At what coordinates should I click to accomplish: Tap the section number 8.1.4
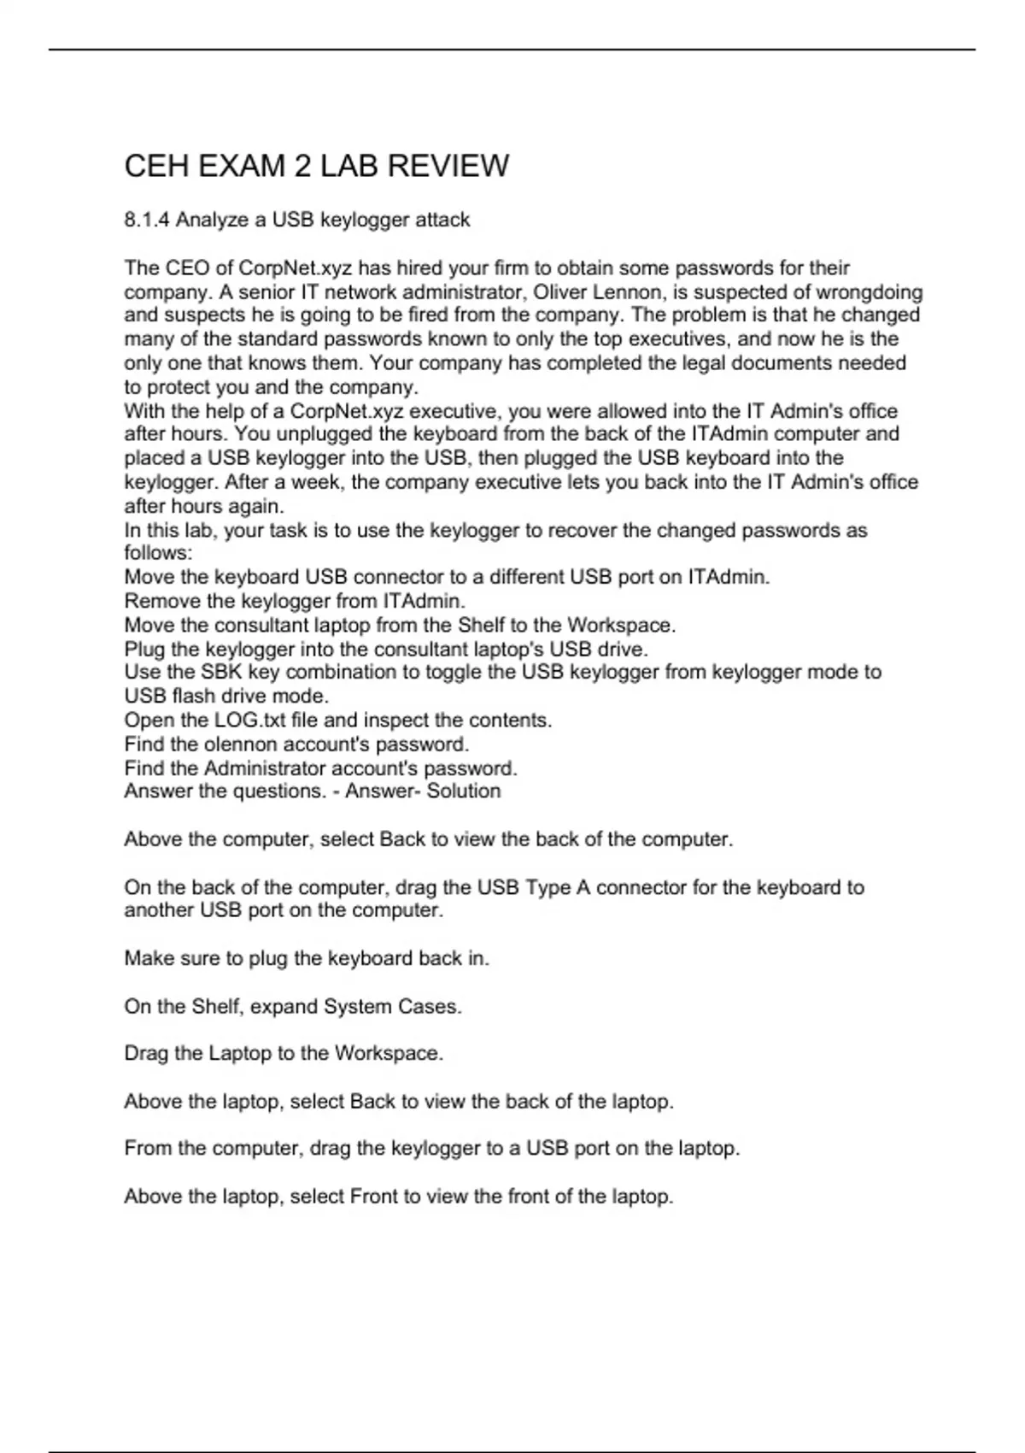click(x=147, y=221)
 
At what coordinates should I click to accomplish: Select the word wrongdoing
click(x=870, y=292)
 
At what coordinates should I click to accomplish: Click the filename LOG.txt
click(x=250, y=720)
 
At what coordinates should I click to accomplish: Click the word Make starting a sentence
click(x=147, y=958)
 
